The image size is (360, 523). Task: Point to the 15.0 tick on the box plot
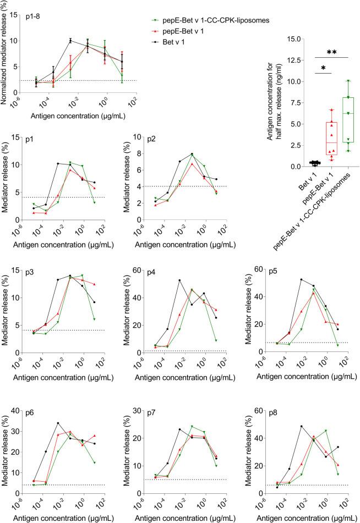(298, 40)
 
